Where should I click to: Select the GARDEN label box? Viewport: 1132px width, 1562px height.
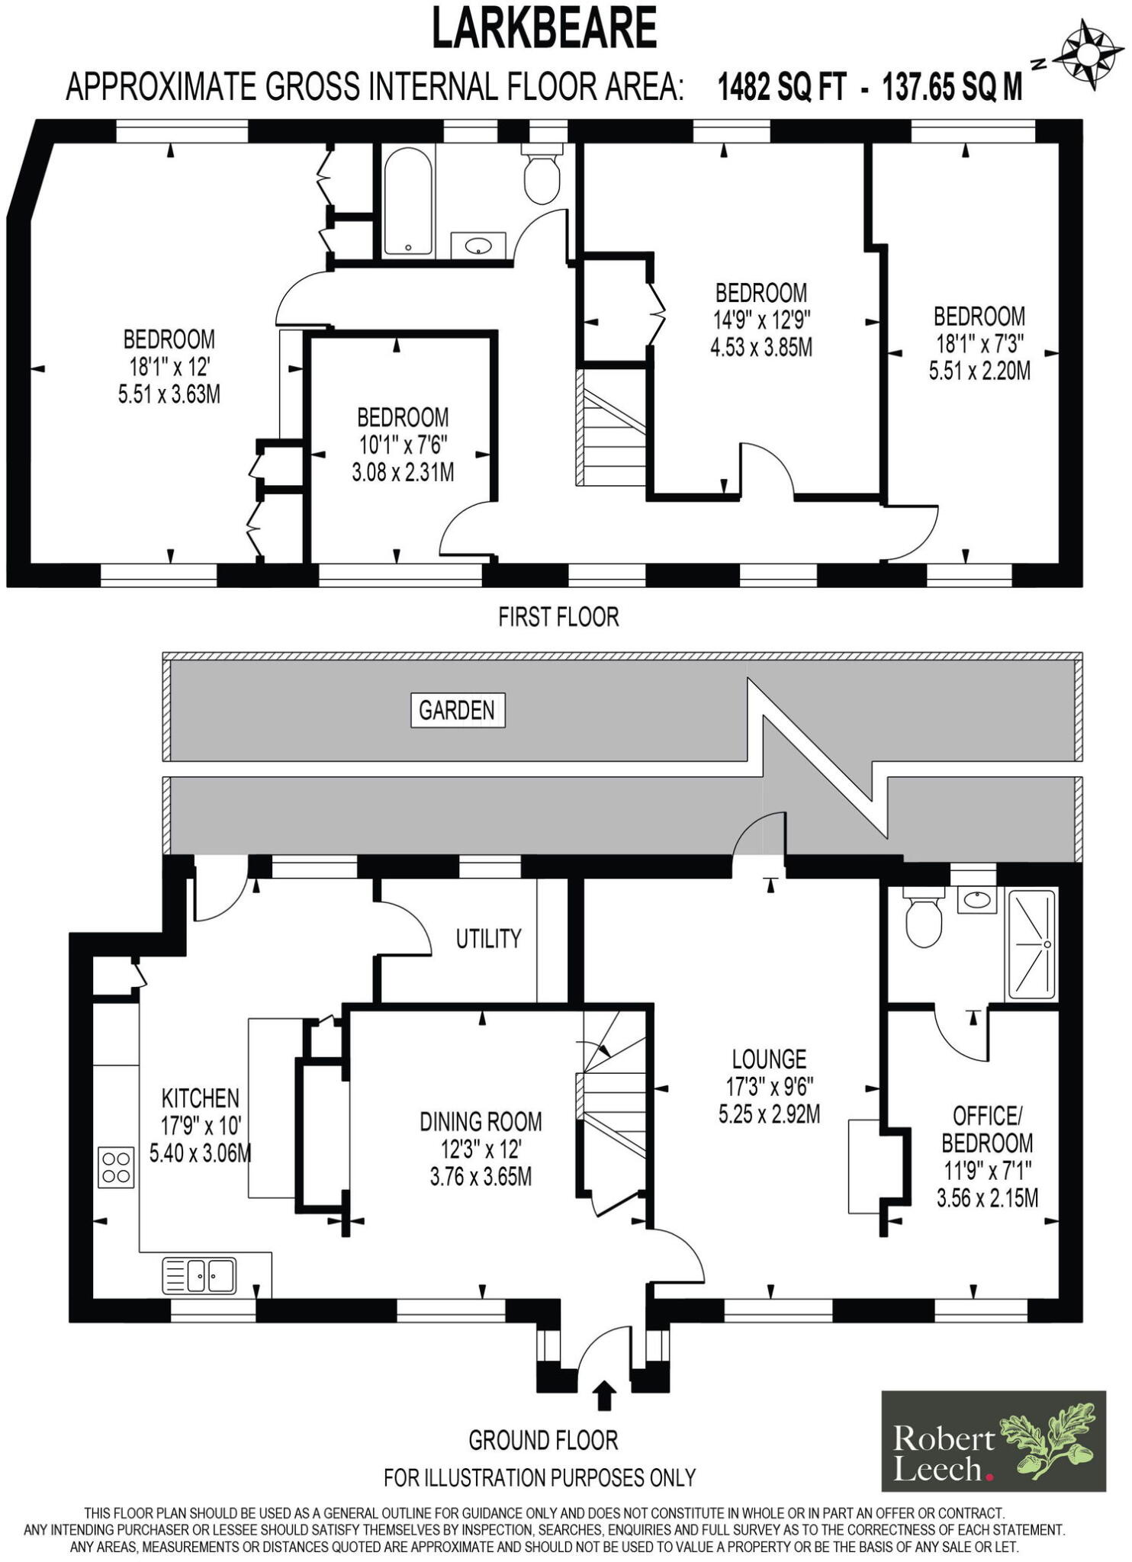(458, 710)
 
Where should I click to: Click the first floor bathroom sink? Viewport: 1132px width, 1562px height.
(478, 246)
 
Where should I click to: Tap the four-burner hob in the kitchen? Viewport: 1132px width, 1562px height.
(116, 1167)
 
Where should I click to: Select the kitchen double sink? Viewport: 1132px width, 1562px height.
(199, 1276)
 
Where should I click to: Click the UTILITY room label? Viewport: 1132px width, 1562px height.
(488, 938)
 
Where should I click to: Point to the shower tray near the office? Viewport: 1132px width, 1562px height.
(1032, 944)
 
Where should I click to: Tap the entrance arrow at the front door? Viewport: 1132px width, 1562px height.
(605, 1394)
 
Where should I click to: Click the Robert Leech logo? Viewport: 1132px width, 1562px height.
(993, 1441)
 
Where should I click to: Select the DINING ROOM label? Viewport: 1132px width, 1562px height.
(481, 1121)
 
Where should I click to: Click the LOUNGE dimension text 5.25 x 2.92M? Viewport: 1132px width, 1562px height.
(769, 1114)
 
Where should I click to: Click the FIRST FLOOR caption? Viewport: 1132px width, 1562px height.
(558, 616)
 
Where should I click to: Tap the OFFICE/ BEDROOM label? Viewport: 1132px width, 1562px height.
(987, 1130)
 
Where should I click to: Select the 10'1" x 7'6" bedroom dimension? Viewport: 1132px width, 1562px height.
(402, 445)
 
